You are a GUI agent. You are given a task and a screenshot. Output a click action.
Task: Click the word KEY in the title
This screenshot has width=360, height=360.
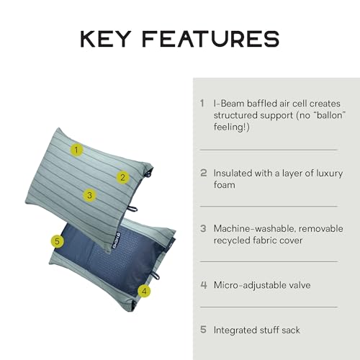pos(106,39)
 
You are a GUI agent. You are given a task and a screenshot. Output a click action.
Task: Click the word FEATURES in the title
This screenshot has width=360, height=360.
pos(211,39)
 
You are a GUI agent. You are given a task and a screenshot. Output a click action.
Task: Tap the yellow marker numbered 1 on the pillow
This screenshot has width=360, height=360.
pos(76,150)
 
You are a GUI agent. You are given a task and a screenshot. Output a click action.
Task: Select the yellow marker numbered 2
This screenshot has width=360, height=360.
pos(123,177)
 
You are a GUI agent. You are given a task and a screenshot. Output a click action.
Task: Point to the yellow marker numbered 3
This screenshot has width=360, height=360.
pos(89,195)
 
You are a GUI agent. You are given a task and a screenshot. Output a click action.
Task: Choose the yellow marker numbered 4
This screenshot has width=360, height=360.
pos(144,291)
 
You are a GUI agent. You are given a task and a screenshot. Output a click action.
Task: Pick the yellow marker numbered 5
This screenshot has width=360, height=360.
pos(57,241)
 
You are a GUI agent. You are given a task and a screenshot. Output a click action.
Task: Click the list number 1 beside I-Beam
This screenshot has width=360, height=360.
pos(202,104)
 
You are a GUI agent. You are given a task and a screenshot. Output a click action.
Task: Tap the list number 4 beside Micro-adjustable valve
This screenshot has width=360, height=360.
pos(204,285)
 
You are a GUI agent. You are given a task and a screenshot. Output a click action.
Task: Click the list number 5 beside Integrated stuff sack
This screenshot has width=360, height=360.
pos(203,330)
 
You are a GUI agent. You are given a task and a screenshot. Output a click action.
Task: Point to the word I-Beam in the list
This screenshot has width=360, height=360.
pos(229,104)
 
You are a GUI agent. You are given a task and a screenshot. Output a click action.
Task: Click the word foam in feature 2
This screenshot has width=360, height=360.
pos(225,185)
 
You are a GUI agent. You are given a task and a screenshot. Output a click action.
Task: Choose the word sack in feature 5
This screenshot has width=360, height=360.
pos(291,330)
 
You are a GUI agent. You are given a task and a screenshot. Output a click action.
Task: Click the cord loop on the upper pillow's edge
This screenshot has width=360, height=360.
pos(132,209)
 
